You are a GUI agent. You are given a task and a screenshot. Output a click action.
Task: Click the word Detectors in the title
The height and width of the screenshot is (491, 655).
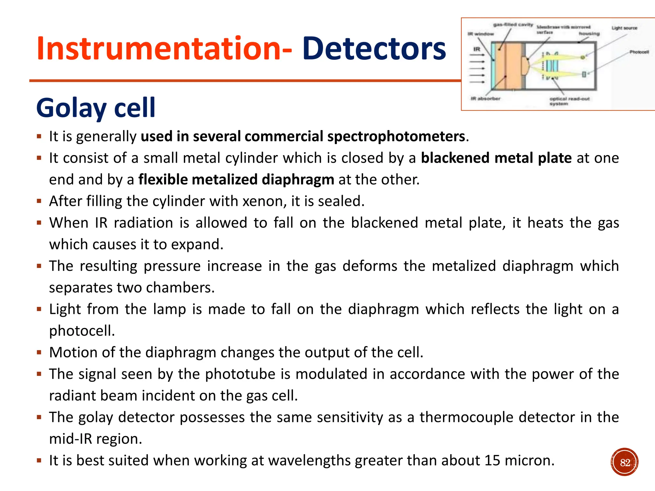pos(374,49)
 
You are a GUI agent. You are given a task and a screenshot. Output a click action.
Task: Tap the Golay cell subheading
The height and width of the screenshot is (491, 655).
pos(96,108)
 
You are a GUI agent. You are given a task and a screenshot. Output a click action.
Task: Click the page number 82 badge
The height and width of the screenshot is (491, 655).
pos(624,462)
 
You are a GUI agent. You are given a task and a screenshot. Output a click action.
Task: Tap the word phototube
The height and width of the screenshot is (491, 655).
pos(240,374)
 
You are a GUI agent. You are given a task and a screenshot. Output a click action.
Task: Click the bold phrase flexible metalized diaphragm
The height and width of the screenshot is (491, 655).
pos(236,180)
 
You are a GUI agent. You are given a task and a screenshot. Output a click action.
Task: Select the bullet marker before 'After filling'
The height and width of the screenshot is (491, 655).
pos(39,201)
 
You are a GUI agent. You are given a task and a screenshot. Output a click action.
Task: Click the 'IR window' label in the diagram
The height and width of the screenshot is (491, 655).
pos(481,34)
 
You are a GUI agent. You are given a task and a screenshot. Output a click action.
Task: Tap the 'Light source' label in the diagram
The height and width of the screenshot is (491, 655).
pos(624,28)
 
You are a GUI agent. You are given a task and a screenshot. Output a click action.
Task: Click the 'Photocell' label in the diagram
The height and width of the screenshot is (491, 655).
pos(639,52)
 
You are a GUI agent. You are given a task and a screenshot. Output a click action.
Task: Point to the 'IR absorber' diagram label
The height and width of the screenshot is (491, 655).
pos(485,98)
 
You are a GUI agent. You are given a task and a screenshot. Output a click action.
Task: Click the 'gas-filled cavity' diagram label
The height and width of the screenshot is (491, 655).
pos(513,25)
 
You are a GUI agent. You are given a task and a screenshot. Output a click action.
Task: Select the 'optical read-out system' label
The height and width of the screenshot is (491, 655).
pos(569,101)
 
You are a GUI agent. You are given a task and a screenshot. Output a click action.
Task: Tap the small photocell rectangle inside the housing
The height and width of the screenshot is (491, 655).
pos(584,74)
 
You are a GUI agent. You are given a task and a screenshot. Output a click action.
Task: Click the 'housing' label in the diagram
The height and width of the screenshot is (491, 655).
pos(589,33)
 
